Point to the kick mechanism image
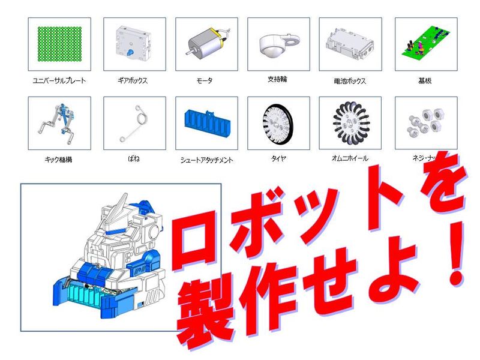click(59, 124)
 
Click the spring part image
click(134, 124)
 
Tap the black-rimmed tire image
click(278, 124)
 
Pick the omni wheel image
click(350, 124)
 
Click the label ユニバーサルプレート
click(59, 80)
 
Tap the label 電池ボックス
click(350, 80)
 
